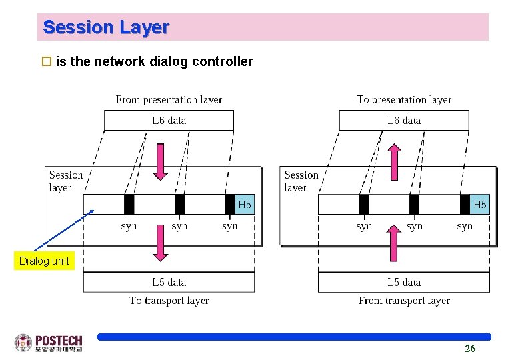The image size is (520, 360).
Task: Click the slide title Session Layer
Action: point(105,27)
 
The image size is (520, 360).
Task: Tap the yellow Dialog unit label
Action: point(44,261)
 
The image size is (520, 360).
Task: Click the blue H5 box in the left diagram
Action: point(245,204)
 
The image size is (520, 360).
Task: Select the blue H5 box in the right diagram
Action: point(479,204)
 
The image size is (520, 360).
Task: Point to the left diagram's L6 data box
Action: point(169,121)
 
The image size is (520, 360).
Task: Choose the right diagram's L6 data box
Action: point(403,121)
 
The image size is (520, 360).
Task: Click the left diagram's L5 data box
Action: point(169,282)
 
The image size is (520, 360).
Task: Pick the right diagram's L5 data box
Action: point(403,282)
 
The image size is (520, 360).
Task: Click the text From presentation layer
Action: point(169,99)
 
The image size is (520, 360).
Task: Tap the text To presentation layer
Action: point(404,99)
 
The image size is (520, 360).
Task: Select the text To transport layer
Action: point(169,301)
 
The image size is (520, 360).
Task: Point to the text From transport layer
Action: point(404,301)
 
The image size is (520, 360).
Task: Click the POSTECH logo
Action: point(49,343)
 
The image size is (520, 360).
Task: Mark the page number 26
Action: point(470,349)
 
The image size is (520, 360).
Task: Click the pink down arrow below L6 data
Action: point(160,162)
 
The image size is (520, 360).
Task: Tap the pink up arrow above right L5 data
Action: point(394,243)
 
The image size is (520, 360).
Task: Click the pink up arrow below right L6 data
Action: point(395,162)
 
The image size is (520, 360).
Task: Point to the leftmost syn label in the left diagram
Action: point(129,226)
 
